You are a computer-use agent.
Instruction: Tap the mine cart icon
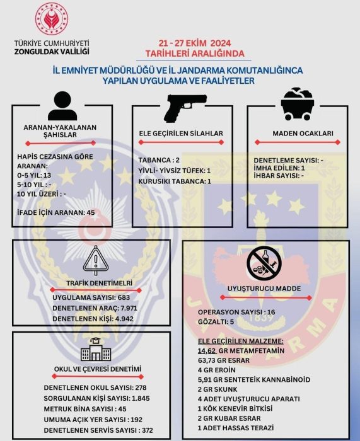pos(297,104)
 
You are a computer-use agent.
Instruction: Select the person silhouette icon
pos(62,106)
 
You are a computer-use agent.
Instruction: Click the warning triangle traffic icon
pos(96,260)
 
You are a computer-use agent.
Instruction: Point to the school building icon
pos(96,350)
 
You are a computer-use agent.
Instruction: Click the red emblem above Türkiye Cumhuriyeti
pos(52,19)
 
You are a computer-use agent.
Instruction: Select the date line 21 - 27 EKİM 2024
pos(195,43)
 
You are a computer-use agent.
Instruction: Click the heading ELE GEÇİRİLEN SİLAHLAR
pos(181,134)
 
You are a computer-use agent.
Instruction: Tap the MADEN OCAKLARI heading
pos(303,134)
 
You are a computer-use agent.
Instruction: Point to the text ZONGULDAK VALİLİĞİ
pos(52,52)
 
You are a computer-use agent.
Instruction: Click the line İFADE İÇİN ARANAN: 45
pos(56,213)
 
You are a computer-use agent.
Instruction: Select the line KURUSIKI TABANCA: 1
pos(175,181)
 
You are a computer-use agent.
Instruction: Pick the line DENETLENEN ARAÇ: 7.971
pos(95,308)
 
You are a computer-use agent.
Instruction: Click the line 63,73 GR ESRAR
pos(224,360)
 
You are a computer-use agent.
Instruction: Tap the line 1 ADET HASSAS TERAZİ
pos(236,428)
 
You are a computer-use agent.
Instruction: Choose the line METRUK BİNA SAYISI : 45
pos(85,409)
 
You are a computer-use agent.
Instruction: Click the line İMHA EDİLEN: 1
pos(279,168)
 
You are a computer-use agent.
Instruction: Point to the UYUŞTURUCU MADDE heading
pos(264,289)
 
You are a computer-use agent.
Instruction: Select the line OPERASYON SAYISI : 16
pos(236,312)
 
